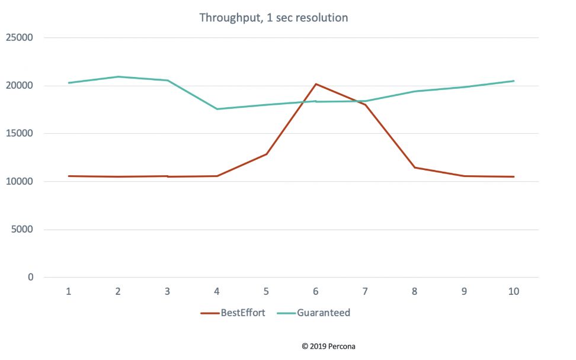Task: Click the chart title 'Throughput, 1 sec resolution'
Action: (273, 18)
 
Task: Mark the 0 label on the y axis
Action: (30, 278)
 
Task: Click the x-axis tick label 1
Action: (69, 291)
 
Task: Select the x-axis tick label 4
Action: (217, 291)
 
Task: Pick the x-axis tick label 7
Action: (365, 291)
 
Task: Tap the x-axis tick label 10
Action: (513, 291)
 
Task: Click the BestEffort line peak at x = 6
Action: (316, 84)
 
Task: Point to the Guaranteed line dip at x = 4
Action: (217, 109)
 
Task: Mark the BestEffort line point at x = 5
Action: (267, 154)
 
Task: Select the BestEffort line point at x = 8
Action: (415, 168)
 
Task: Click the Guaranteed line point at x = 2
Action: (119, 76)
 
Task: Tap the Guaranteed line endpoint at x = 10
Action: (513, 81)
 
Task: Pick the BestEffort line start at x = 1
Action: (69, 176)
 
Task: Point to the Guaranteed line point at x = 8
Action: (415, 91)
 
